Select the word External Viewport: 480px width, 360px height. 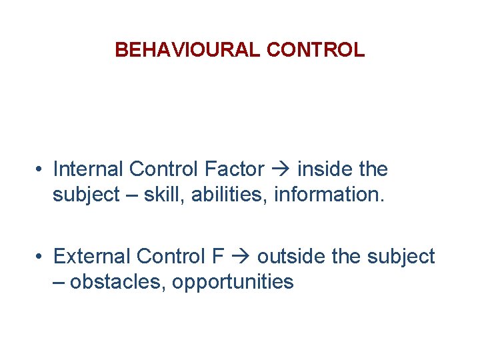coord(92,256)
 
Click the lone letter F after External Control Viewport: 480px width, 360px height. coord(221,256)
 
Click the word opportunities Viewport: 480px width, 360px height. coord(233,283)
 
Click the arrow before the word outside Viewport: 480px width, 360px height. coord(242,257)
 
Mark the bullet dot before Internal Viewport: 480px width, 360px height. coord(41,170)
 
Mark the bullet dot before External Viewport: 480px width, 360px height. coord(41,257)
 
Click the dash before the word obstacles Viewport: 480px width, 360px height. coord(59,283)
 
